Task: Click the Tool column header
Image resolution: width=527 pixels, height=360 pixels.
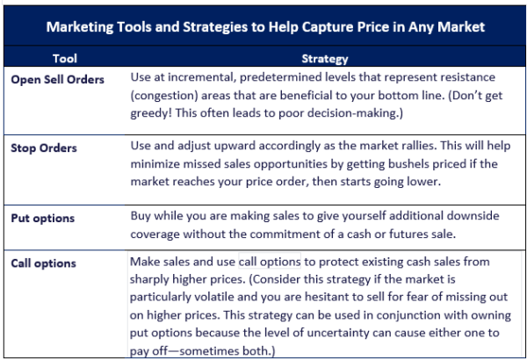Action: point(65,59)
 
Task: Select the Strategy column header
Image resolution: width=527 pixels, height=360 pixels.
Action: point(325,59)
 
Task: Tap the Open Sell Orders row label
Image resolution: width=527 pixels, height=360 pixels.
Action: point(57,80)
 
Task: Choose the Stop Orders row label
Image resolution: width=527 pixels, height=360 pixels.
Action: point(44,148)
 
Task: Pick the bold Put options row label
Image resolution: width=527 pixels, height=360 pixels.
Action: point(43,219)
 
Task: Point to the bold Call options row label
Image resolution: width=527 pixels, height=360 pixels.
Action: point(43,263)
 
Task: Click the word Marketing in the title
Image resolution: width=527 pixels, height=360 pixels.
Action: point(80,27)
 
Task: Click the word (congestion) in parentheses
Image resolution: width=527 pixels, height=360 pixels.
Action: point(164,96)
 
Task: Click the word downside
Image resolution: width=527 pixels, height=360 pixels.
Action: point(473,216)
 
